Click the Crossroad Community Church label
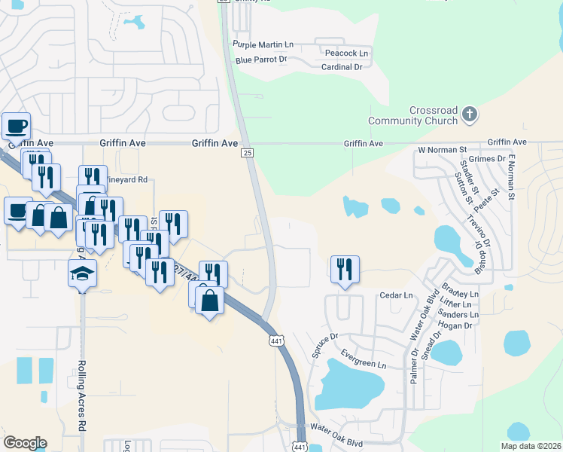[412, 115]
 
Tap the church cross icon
[470, 115]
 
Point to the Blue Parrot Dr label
[261, 59]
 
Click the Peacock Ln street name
[346, 53]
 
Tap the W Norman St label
[443, 150]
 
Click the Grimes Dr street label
[486, 159]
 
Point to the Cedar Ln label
[397, 295]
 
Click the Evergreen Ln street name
[362, 364]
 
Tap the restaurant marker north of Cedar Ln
[345, 270]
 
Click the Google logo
[25, 443]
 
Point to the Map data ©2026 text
[531, 446]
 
